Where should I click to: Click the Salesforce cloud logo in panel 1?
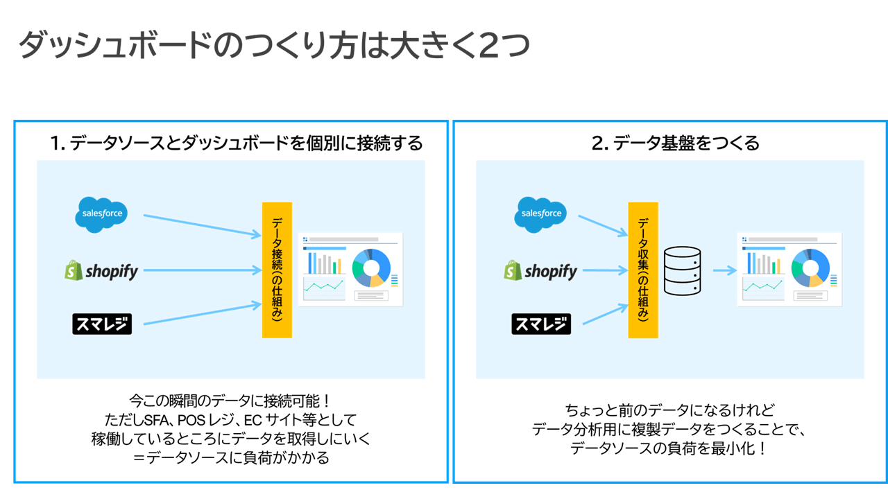pyautogui.click(x=102, y=213)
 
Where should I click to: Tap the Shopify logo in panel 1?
pyautogui.click(x=101, y=271)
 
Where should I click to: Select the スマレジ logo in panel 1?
pyautogui.click(x=102, y=324)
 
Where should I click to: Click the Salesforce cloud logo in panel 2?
pyautogui.click(x=541, y=213)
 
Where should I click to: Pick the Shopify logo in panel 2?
pyautogui.click(x=540, y=271)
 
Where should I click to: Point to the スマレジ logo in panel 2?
pyautogui.click(x=541, y=324)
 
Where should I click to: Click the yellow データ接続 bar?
pyautogui.click(x=277, y=270)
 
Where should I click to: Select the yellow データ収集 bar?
pyautogui.click(x=643, y=270)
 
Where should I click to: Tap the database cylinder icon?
pyautogui.click(x=683, y=271)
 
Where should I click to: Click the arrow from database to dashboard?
pyautogui.click(x=724, y=271)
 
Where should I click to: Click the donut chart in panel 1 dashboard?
pyautogui.click(x=371, y=268)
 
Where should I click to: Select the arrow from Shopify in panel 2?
pyautogui.click(x=603, y=271)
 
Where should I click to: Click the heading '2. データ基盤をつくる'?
pyautogui.click(x=676, y=143)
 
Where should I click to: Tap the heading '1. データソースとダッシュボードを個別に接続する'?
pyautogui.click(x=237, y=143)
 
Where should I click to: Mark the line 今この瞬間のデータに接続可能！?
pyautogui.click(x=231, y=401)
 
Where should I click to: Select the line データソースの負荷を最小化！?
pyautogui.click(x=669, y=448)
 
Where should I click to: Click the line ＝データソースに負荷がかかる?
pyautogui.click(x=231, y=457)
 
